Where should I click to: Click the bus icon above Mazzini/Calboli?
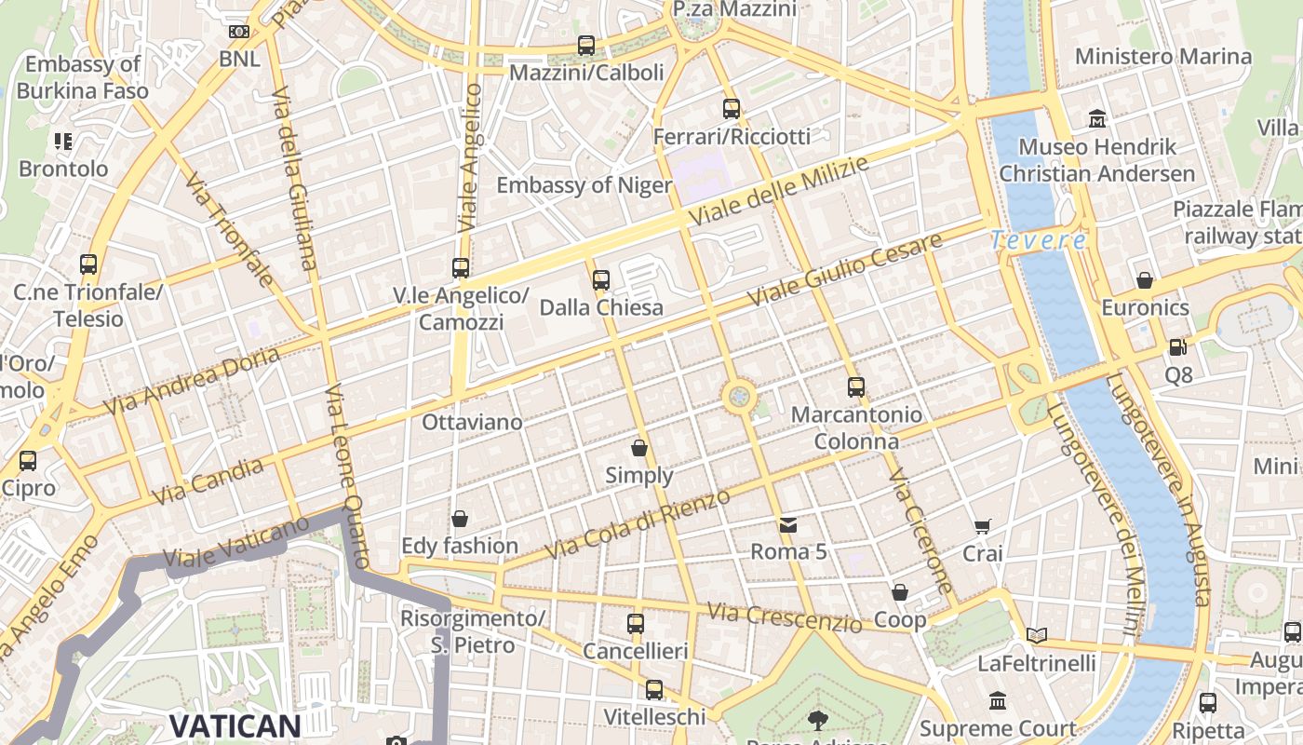(585, 45)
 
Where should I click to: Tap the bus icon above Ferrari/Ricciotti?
(732, 109)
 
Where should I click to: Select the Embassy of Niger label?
(584, 185)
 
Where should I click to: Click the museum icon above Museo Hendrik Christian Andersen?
(1097, 119)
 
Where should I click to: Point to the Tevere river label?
(1038, 240)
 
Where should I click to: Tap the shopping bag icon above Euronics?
(1145, 280)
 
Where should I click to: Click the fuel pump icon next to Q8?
(1177, 347)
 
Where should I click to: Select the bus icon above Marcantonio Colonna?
(856, 387)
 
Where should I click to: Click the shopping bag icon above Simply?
(639, 448)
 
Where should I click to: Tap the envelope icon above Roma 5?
(788, 525)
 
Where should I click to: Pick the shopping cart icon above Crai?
(982, 527)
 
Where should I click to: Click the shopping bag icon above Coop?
(900, 592)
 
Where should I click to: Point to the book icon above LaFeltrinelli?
(1036, 635)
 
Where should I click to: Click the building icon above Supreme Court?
(998, 700)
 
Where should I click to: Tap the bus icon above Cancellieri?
(636, 624)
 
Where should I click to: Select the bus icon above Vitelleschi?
(654, 690)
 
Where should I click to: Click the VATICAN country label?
(235, 726)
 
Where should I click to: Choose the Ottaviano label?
(472, 423)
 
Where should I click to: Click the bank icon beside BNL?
(239, 32)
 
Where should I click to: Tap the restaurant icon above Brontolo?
(63, 142)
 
